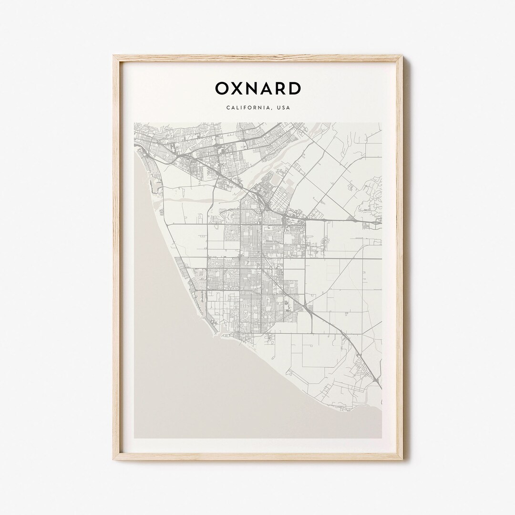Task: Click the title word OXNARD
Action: point(257,89)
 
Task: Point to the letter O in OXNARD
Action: point(222,89)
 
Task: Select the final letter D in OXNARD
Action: point(295,89)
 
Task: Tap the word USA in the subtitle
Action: point(283,108)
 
